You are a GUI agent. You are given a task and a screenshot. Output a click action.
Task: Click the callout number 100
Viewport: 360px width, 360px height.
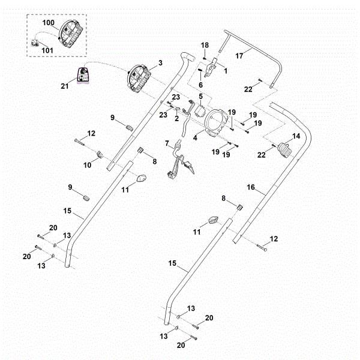pos(49,23)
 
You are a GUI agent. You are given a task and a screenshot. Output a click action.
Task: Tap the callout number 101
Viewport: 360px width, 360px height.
pos(47,50)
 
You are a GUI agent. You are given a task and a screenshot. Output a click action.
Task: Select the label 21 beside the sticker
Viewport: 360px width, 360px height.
pos(65,86)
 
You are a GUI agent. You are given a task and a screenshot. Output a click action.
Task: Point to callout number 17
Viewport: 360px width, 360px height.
pos(239,56)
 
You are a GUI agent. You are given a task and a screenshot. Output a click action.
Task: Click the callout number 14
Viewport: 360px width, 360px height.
pos(296,136)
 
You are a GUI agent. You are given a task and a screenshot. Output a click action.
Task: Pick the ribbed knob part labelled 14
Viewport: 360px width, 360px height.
pos(285,150)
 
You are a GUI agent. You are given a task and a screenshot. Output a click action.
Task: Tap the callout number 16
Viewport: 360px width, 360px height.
pos(251,187)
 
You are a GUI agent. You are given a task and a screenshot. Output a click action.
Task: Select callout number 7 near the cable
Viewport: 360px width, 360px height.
pos(167,143)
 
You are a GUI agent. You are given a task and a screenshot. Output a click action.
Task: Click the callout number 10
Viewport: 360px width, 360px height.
pos(87,165)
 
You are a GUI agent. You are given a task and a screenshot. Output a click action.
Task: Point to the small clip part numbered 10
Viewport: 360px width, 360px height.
pos(100,154)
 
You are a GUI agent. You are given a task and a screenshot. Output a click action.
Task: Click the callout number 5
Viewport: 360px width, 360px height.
pos(201,97)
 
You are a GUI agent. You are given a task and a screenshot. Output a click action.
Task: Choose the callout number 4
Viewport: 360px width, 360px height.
pos(195,138)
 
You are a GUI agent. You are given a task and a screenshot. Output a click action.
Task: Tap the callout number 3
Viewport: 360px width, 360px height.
pos(160,62)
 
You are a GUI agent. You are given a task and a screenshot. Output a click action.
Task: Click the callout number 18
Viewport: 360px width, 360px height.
pos(205,45)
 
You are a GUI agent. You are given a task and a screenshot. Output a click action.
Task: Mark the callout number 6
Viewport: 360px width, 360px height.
pos(200,85)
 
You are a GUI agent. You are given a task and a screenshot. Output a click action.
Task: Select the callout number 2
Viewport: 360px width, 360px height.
pos(176,118)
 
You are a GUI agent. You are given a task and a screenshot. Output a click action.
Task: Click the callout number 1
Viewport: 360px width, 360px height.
pos(226,71)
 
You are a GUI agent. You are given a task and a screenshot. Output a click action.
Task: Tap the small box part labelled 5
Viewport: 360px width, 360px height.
pos(199,111)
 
